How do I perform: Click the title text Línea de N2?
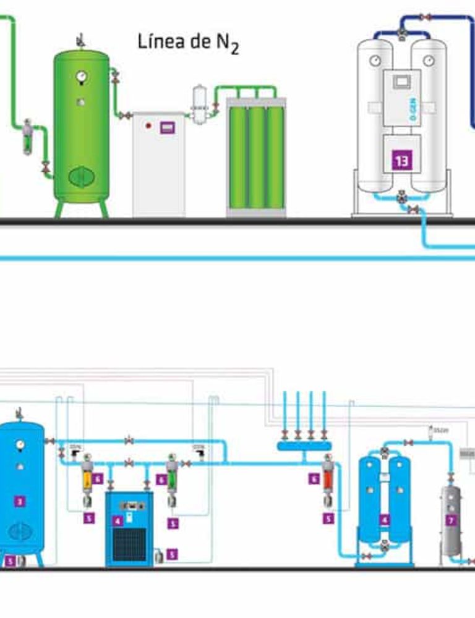coord(187,44)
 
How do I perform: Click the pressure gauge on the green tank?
coord(81,77)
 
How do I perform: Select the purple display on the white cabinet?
coord(166,128)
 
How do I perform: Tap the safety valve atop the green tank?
coord(80,41)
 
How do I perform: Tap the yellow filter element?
coord(87,480)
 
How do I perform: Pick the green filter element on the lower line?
coord(173,480)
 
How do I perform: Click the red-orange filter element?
coord(328,478)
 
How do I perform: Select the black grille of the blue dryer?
coord(129,543)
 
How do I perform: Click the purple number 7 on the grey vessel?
coord(451,520)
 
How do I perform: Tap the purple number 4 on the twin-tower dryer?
coord(384,520)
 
